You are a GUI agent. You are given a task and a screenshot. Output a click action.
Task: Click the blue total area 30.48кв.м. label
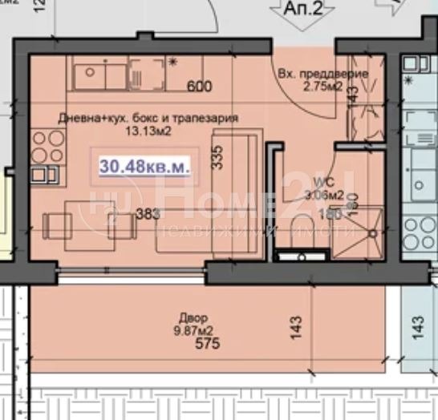(x=144, y=167)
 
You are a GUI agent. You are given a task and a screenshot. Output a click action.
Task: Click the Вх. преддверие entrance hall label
(x=322, y=75)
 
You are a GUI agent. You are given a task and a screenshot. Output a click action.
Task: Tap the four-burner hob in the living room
(x=47, y=147)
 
